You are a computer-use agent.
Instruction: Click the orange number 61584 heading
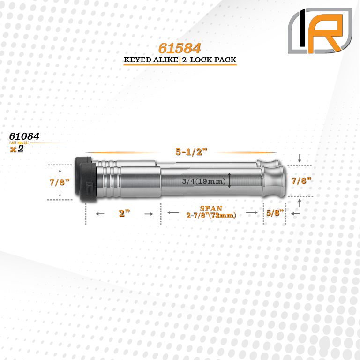coord(180,48)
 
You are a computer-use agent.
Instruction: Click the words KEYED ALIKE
coord(151,60)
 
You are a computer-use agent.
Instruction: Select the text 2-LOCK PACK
coord(209,60)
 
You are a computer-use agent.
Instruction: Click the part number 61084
coord(24,136)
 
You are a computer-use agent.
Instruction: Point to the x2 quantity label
coord(17,149)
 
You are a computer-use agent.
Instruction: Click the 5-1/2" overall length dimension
coord(191,152)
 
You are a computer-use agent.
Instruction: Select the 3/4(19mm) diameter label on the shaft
coord(203,181)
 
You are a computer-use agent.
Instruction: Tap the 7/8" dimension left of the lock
coord(60,182)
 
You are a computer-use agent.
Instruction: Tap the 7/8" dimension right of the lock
coord(301,180)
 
